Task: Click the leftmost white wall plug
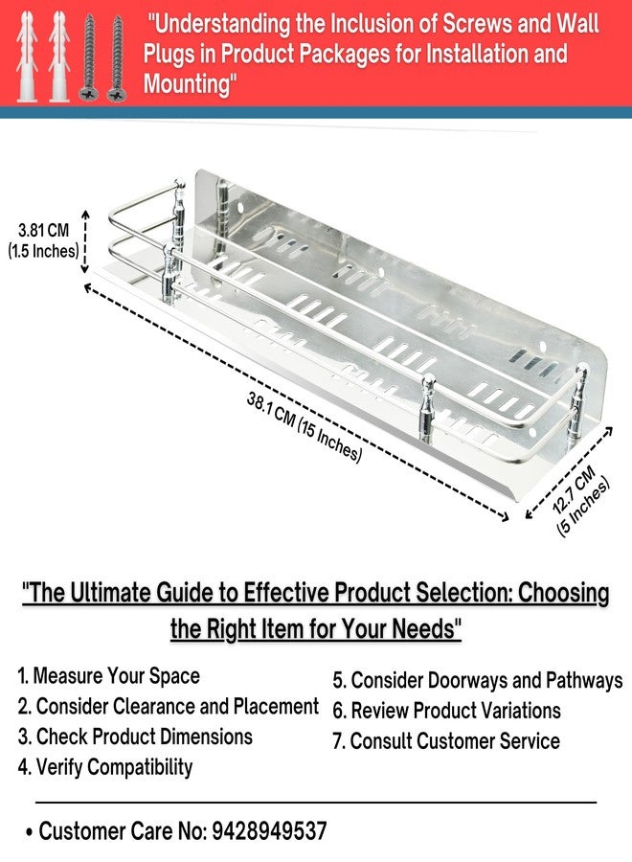(27, 57)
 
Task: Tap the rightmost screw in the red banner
(118, 58)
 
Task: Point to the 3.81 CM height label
(43, 230)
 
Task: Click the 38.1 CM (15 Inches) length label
(305, 427)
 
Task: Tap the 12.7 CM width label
(574, 489)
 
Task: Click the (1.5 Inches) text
(43, 251)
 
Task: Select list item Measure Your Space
(108, 675)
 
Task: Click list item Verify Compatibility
(105, 767)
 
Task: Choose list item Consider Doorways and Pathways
(478, 681)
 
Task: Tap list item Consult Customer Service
(446, 741)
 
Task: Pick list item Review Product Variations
(447, 711)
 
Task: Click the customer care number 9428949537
(269, 830)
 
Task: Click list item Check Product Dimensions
(135, 737)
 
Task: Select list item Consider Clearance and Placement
(168, 707)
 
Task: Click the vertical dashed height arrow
(85, 241)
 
